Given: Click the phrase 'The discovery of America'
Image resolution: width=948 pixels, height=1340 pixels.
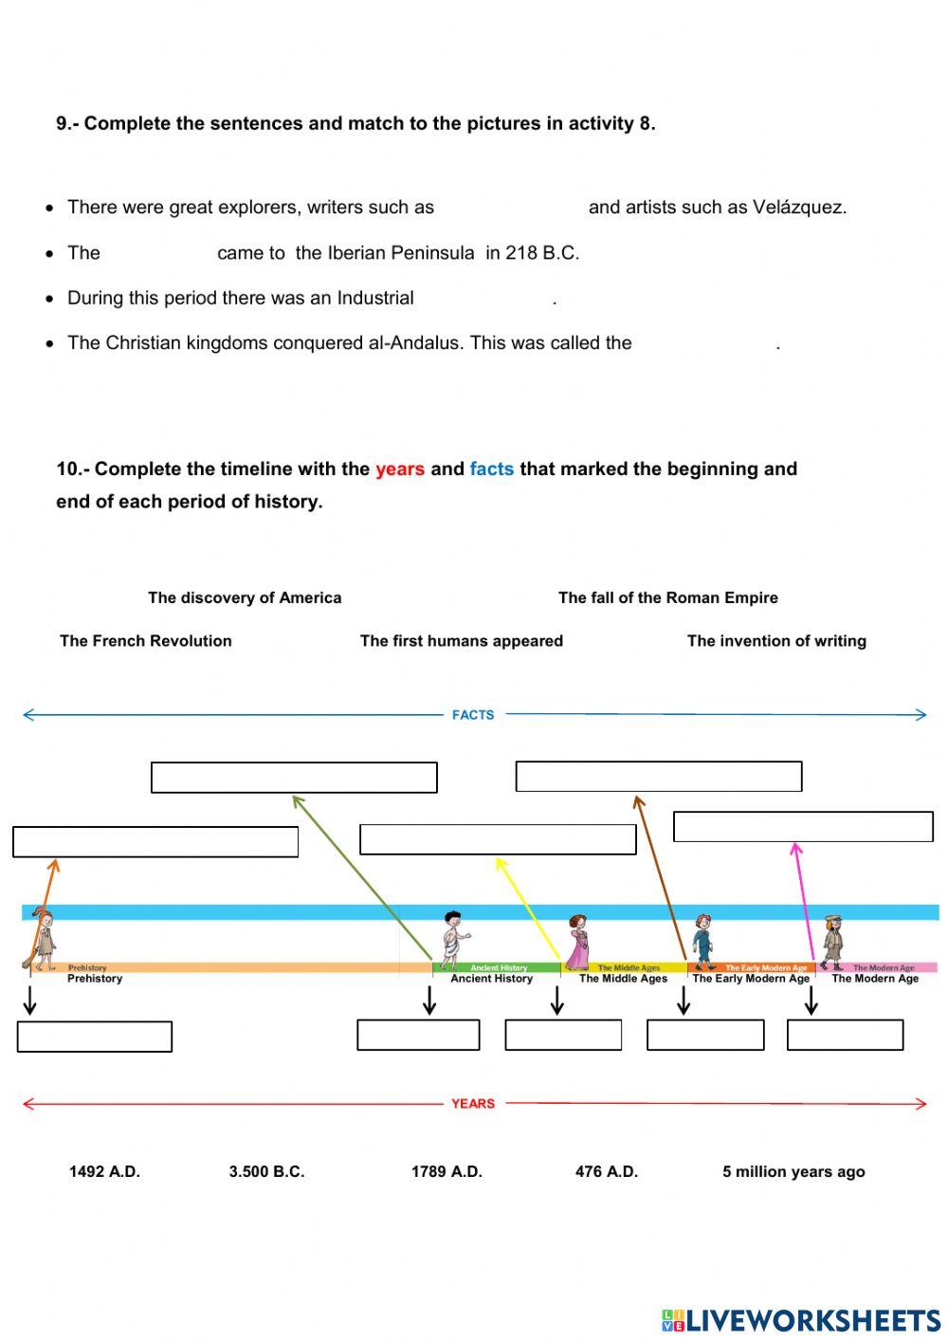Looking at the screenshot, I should [245, 597].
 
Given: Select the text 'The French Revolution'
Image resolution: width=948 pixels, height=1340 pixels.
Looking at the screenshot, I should [145, 641].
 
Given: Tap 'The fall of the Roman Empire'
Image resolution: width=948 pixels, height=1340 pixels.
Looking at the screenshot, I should [667, 597].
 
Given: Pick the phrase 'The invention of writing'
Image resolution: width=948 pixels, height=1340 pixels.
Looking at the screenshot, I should [776, 641].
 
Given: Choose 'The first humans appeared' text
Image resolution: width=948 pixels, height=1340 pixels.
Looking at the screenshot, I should [461, 641].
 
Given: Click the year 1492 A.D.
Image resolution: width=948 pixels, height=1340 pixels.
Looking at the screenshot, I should [104, 1172].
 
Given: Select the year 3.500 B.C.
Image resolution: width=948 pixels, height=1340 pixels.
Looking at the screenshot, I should [266, 1172].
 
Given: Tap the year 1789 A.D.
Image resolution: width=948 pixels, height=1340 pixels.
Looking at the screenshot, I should [447, 1172].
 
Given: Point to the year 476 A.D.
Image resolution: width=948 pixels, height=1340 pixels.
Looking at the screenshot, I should [606, 1172].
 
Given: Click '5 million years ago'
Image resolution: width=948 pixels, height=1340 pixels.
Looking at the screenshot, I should [793, 1172].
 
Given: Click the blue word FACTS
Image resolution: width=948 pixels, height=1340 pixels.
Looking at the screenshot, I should [473, 715].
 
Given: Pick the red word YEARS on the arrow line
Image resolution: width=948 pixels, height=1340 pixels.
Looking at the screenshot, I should [473, 1104].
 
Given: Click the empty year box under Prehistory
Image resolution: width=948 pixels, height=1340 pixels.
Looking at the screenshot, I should [95, 1037].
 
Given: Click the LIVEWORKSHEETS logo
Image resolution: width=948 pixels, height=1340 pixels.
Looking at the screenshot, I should [801, 1320].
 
